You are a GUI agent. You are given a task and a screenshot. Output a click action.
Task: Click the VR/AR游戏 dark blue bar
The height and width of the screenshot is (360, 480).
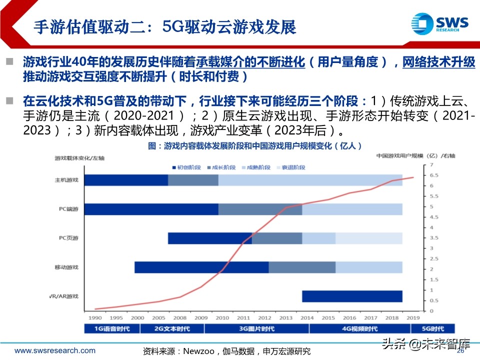coord(352,296)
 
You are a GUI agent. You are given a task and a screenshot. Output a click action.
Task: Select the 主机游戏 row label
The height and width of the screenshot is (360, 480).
coord(66,180)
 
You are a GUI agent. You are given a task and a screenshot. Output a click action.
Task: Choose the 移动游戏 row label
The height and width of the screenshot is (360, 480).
coord(66,267)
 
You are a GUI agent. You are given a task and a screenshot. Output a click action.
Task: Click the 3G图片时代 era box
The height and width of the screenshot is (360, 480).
coord(257,328)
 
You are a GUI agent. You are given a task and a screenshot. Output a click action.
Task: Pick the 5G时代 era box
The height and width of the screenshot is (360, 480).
coord(433,328)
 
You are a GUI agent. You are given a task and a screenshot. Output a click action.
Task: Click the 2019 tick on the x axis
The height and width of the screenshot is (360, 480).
coord(413,317)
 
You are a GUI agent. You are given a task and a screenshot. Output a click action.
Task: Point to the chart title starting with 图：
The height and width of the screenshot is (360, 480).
coord(255,146)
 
